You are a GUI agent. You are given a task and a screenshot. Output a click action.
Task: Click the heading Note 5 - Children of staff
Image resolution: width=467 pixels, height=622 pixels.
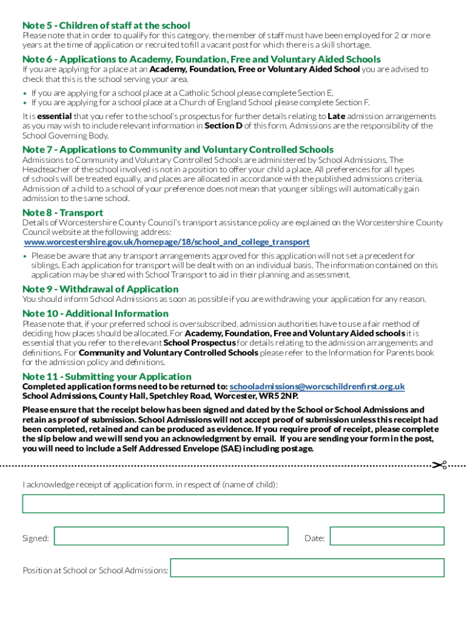(x=106, y=26)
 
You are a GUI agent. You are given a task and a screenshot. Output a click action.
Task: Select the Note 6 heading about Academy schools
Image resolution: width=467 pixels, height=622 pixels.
(x=201, y=60)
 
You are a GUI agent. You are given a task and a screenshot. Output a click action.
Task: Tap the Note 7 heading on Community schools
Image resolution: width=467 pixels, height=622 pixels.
(x=178, y=149)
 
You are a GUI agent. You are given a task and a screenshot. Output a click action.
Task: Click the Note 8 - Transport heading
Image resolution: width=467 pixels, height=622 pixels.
(x=62, y=213)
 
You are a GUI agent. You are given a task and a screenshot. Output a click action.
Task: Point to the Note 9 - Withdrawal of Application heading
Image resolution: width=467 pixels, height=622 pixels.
(x=100, y=289)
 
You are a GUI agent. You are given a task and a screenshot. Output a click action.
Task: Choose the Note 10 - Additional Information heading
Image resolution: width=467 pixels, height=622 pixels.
(x=95, y=313)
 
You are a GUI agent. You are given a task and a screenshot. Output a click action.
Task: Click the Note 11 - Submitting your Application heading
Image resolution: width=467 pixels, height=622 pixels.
(x=107, y=377)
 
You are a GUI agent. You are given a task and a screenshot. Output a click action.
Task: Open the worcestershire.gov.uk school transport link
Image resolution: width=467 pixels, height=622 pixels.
(x=167, y=242)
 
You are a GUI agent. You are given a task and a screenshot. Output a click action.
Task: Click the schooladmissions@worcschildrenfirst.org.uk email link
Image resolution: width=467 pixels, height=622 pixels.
(x=317, y=387)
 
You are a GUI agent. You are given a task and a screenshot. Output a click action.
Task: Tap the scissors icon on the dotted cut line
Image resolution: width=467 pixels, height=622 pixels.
(x=439, y=465)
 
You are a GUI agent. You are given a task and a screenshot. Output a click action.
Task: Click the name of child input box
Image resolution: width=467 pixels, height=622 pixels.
(x=233, y=504)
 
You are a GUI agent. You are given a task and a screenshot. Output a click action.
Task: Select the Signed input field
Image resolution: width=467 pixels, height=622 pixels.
(x=171, y=536)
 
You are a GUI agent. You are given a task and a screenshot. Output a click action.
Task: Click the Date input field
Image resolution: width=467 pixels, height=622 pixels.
(x=387, y=536)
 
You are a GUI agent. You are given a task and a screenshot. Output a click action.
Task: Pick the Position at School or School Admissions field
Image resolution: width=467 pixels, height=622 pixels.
(x=307, y=568)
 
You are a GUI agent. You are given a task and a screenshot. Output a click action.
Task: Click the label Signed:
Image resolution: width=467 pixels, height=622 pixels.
(x=36, y=538)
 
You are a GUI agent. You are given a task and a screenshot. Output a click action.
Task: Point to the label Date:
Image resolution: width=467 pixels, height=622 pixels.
(x=314, y=538)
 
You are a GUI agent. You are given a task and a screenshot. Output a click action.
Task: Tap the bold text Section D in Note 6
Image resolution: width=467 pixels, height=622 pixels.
(x=223, y=126)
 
